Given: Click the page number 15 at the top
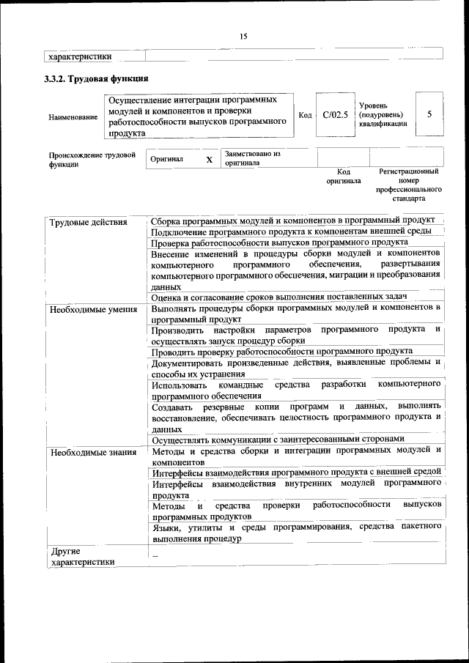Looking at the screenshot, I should coord(243,36).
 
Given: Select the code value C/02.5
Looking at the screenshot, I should coord(335,114).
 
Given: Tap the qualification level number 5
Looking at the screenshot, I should coord(429,114).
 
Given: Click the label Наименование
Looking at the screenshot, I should coord(73,117).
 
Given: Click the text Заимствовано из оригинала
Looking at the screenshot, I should coord(253,158).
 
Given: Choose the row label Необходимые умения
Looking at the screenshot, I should coord(93,309).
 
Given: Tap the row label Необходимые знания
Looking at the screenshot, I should coord(93,451).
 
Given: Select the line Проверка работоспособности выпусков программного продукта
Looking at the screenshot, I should coord(279,242).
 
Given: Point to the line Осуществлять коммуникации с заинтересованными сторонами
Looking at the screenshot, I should coord(278,439).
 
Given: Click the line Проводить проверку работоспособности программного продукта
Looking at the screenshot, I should coord(281,351).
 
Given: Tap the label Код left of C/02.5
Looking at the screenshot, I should coord(306,115).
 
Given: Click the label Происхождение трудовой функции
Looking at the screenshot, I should coord(92,160).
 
